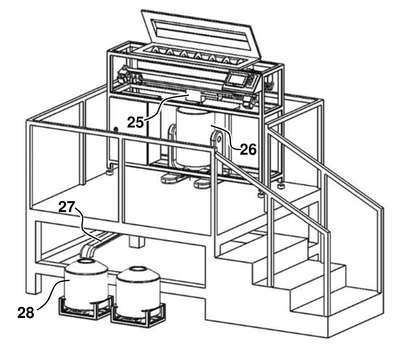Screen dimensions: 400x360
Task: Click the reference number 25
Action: pyautogui.click(x=135, y=122)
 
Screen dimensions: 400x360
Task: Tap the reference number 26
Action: pyautogui.click(x=248, y=149)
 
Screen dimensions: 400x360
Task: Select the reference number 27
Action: pyautogui.click(x=67, y=207)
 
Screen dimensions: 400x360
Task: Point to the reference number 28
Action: pyautogui.click(x=26, y=312)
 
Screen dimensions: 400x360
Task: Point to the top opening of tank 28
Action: pyautogui.click(x=87, y=261)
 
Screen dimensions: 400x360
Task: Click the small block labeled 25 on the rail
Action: pyautogui.click(x=193, y=95)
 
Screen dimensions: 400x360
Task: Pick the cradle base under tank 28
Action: pyautogui.click(x=84, y=307)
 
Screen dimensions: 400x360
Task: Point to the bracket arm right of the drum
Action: pyautogui.click(x=217, y=143)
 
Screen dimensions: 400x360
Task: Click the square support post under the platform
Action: pyautogui.click(x=136, y=241)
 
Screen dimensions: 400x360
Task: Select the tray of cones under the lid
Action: pyautogui.click(x=195, y=55)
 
